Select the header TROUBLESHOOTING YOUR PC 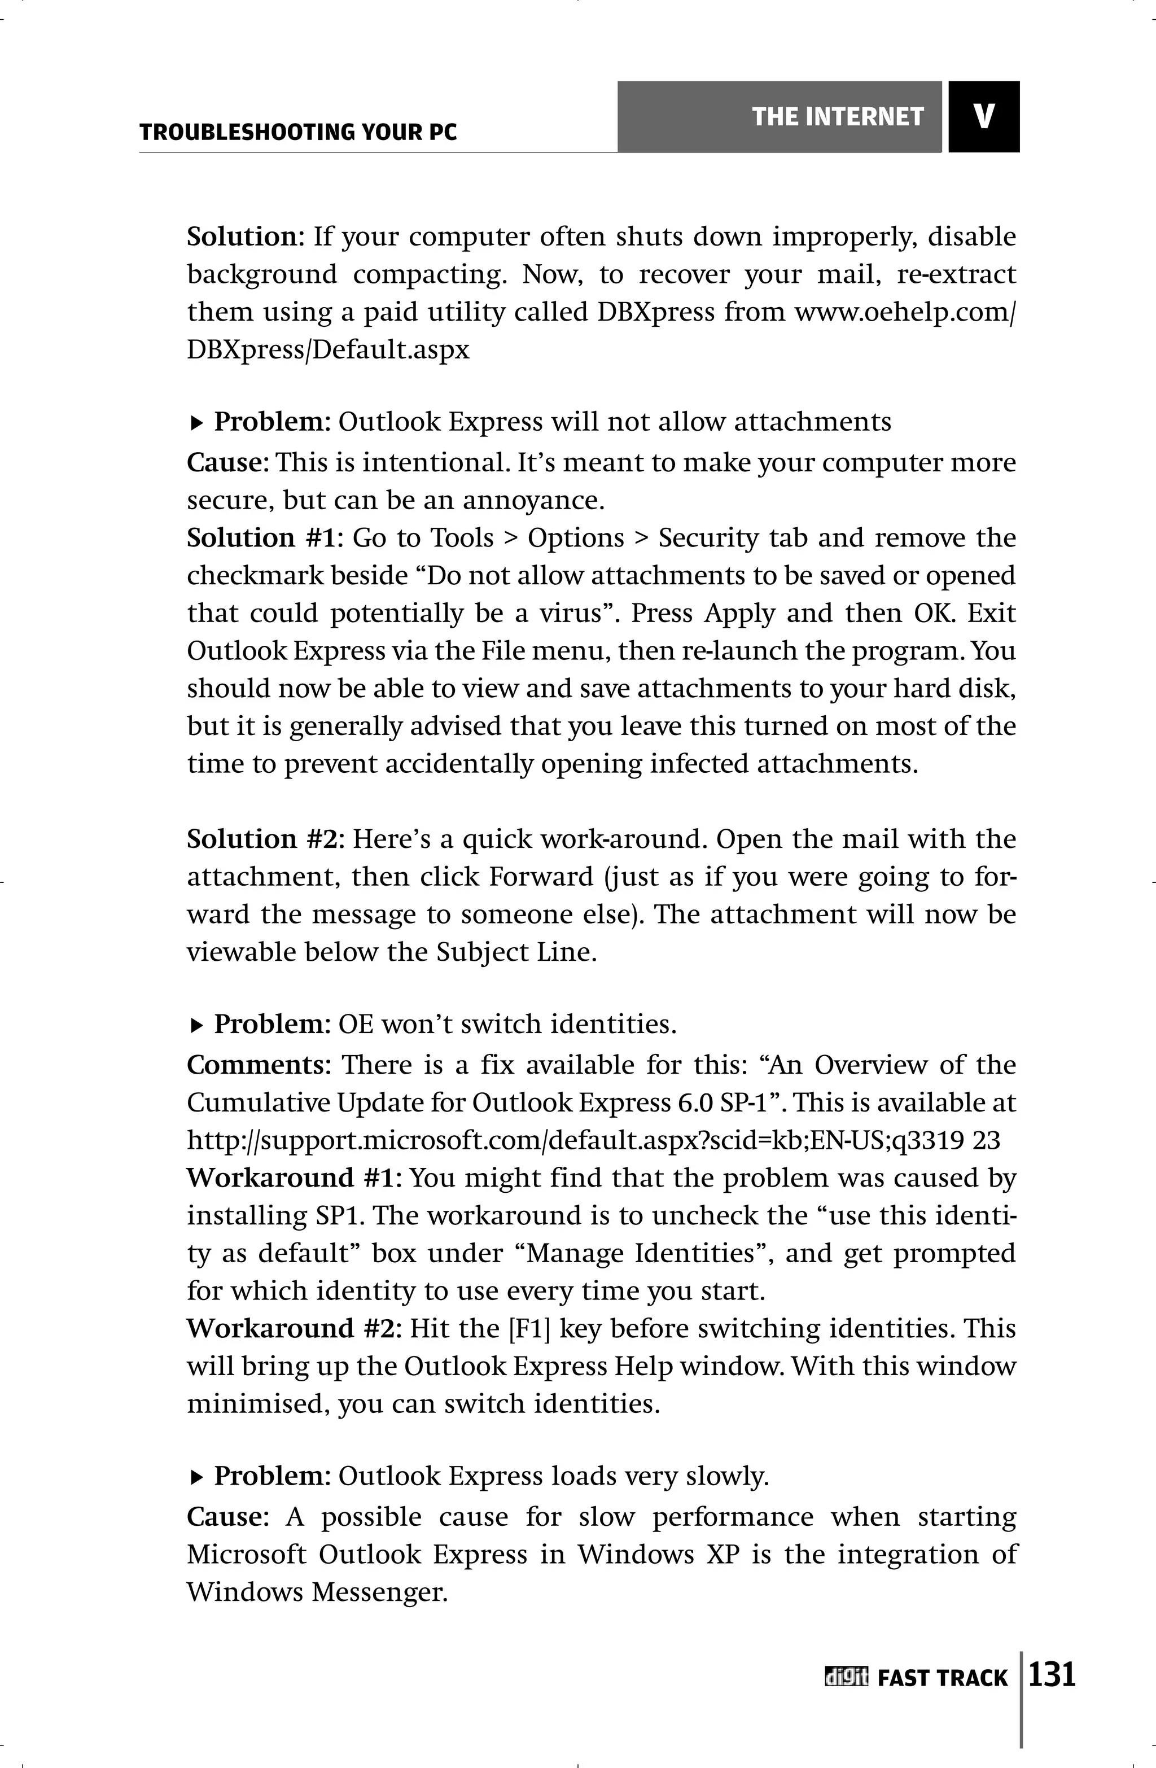[x=298, y=133]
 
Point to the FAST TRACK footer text [x=942, y=1678]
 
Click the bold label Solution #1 [x=265, y=538]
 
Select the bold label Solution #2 [x=265, y=839]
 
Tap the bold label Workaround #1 [x=294, y=1178]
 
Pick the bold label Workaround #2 [x=294, y=1328]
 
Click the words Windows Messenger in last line [x=317, y=1591]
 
